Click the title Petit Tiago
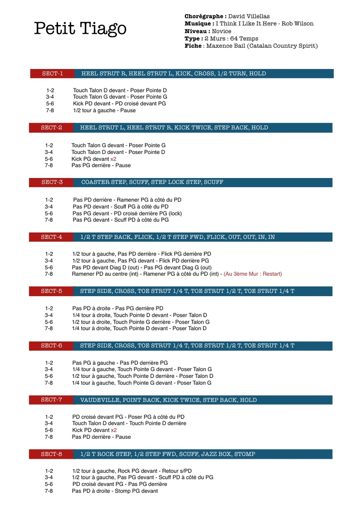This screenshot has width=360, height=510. [80, 29]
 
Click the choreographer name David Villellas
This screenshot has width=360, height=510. [249, 17]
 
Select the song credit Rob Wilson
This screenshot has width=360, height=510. [297, 24]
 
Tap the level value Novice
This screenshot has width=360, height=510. [221, 31]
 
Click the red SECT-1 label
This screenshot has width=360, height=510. [52, 74]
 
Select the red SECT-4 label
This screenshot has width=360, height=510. [51, 237]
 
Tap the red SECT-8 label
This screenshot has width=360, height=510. [51, 454]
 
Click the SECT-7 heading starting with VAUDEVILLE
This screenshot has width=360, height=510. [168, 400]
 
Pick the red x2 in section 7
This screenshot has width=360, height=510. [114, 430]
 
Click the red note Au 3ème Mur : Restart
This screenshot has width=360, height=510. [252, 274]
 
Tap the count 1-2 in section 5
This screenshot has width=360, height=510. [49, 308]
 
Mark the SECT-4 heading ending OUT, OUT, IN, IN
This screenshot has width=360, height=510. [177, 237]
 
